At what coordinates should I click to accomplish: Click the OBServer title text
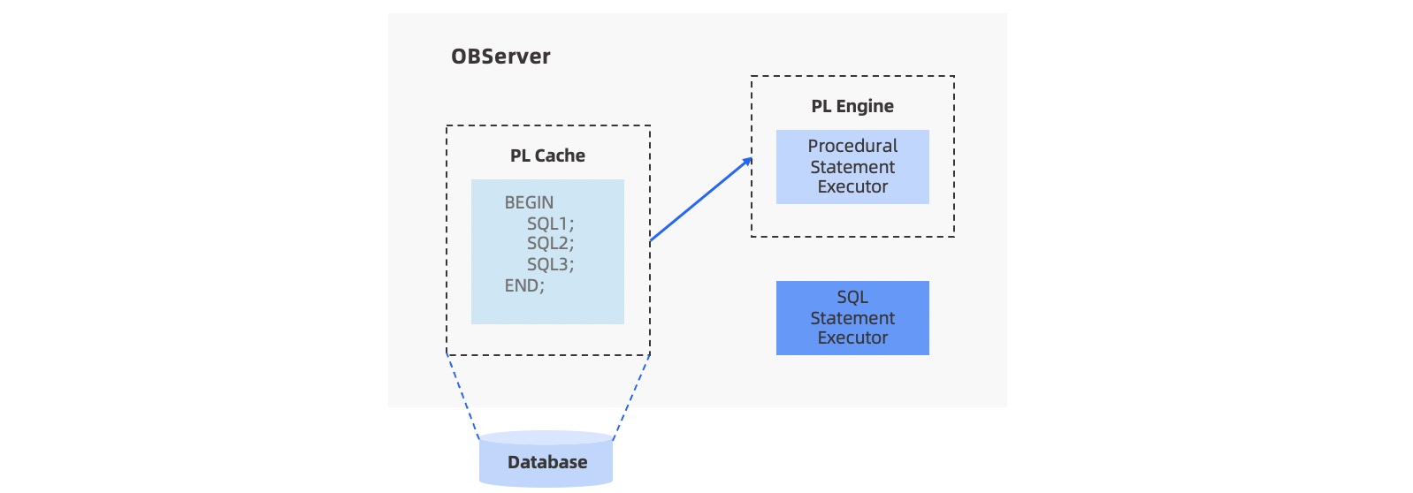[500, 57]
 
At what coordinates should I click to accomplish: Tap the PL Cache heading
[547, 155]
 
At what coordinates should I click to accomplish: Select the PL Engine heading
[852, 106]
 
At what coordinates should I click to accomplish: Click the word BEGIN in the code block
[529, 202]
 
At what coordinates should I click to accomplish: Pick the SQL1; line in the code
[550, 224]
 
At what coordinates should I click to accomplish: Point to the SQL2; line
[550, 243]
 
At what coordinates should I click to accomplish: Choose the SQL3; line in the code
[550, 264]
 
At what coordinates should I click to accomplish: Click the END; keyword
[524, 285]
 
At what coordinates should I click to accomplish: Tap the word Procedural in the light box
[852, 146]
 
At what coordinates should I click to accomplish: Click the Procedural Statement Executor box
[852, 167]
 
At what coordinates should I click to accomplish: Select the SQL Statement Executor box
[852, 318]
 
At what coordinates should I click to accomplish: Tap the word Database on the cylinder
[547, 462]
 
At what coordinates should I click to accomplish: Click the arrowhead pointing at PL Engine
[748, 161]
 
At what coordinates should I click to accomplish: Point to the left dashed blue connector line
[462, 395]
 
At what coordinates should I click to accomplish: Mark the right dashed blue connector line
[631, 395]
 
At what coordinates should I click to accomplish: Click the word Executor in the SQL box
[852, 338]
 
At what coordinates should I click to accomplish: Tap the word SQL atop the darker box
[852, 298]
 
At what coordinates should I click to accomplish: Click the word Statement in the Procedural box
[852, 167]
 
